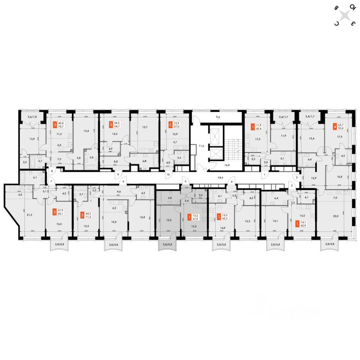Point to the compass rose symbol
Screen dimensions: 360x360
click(345, 15)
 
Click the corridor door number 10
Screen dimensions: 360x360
click(168, 175)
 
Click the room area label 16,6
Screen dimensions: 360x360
click(59, 223)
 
